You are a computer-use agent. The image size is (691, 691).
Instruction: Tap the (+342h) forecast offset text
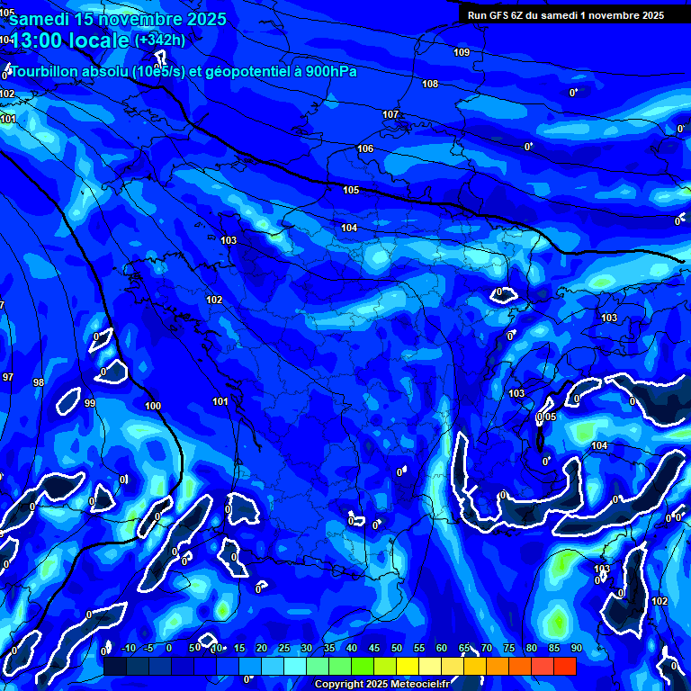(x=159, y=40)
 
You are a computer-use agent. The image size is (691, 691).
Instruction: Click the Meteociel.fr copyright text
(x=384, y=685)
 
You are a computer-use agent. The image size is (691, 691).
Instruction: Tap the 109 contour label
(x=462, y=52)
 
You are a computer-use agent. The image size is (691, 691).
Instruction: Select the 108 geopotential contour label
(x=430, y=84)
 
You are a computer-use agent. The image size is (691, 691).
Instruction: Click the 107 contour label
(x=390, y=114)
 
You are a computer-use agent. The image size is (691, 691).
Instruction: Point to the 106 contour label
(x=365, y=148)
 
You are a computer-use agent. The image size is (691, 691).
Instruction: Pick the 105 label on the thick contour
(x=351, y=190)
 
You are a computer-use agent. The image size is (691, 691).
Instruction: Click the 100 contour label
(x=153, y=406)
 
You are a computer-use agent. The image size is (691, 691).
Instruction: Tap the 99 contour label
(x=90, y=403)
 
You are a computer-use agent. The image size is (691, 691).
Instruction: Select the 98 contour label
(x=39, y=382)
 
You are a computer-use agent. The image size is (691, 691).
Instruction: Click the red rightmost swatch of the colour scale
(x=564, y=665)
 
